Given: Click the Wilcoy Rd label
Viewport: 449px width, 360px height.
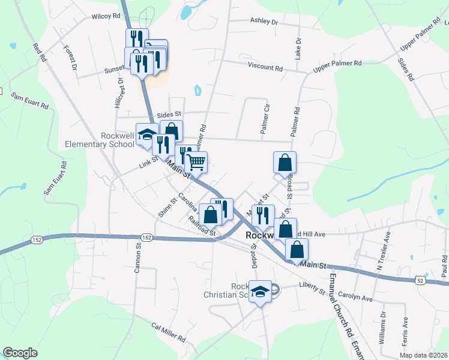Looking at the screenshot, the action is pos(106,17).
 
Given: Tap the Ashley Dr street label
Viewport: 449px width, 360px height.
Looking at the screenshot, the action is pos(265,22).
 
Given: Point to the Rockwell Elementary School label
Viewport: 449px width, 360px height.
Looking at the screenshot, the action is pos(100,140).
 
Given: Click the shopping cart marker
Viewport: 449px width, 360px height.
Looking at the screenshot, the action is pos(196,161).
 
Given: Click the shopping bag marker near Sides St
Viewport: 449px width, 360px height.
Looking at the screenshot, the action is pos(171,130).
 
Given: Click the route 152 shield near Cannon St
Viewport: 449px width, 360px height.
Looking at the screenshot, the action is pos(148,238).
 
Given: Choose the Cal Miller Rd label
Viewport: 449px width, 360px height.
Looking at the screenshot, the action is pos(168,332).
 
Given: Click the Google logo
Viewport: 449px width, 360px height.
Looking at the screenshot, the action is pos(20,353).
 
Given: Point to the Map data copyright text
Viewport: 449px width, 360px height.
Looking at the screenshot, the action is pos(423,355).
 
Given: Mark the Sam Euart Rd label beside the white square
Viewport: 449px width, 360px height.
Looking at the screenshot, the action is pos(29,101).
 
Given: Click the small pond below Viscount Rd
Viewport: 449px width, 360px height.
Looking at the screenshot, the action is pos(197,91).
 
